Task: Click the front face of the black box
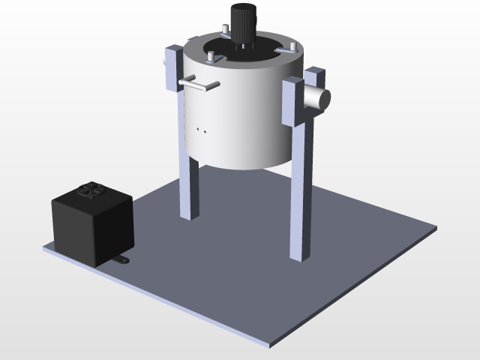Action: pos(75,229)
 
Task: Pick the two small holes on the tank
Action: pos(202,130)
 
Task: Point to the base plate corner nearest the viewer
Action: pos(271,346)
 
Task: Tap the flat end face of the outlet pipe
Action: pos(323,98)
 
